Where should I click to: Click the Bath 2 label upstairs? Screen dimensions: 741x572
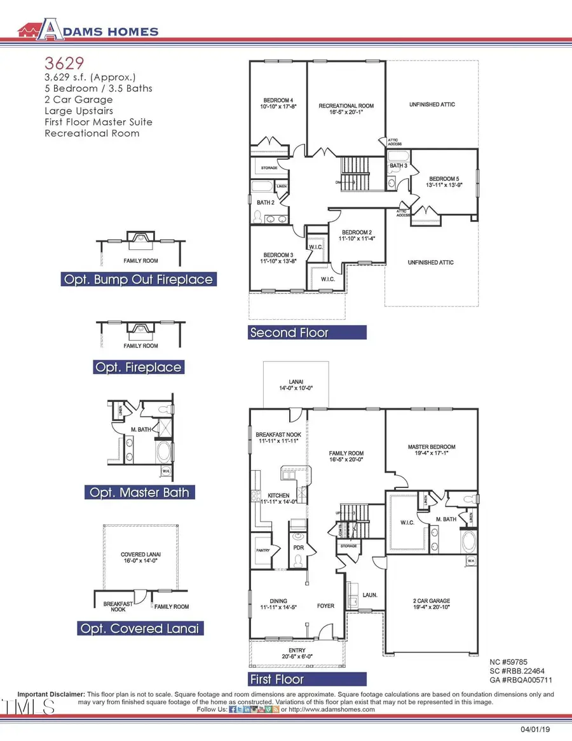pyautogui.click(x=265, y=202)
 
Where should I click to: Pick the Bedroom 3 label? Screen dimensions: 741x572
pyautogui.click(x=278, y=257)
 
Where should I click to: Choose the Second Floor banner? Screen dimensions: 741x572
pyautogui.click(x=307, y=333)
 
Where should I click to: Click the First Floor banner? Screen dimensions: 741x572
pyautogui.click(x=307, y=679)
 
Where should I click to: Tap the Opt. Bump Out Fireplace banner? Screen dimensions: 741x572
pyautogui.click(x=138, y=279)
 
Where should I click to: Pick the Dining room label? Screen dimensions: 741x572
pyautogui.click(x=278, y=604)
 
